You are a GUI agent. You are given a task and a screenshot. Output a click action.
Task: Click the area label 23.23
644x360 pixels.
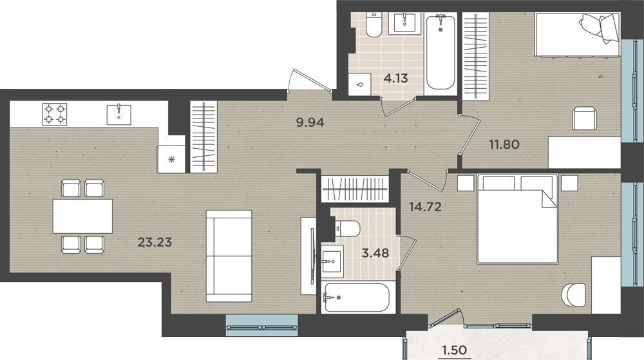coord(155,243)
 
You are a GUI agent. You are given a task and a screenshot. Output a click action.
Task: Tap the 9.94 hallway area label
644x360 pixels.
coord(310,122)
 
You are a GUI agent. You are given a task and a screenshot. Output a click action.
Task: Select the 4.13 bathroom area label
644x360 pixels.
coord(395,78)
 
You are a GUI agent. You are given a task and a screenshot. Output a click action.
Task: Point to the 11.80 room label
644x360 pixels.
coord(504,144)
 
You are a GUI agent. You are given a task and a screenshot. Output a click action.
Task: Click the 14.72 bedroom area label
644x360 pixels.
coord(425,207)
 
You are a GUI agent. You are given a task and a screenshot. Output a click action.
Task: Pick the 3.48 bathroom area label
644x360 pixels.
coord(375,253)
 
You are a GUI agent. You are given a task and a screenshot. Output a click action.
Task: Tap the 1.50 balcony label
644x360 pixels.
coord(454,350)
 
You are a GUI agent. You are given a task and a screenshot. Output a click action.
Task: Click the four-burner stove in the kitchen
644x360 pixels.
coord(55,114)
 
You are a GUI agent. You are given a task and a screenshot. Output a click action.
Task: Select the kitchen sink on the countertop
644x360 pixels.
coord(118,115)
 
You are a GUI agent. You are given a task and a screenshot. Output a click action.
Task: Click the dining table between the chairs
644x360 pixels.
coord(82,216)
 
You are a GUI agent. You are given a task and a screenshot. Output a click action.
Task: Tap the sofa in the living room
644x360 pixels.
coord(229,256)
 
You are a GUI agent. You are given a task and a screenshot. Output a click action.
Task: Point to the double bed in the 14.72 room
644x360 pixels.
coord(518,219)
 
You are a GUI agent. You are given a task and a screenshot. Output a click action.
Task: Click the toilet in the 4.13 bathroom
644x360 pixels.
coord(374,25)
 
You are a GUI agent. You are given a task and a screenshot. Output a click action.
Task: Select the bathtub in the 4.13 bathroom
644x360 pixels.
coord(440,52)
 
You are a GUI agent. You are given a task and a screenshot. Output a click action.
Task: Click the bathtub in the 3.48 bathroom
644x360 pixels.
coord(356,298)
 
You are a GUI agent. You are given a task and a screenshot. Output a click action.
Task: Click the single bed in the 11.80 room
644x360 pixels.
coord(577,34)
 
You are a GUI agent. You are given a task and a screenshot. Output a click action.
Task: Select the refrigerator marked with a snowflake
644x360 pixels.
coord(171,159)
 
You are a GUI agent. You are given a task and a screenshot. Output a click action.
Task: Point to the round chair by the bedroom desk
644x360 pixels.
coord(573,294)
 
